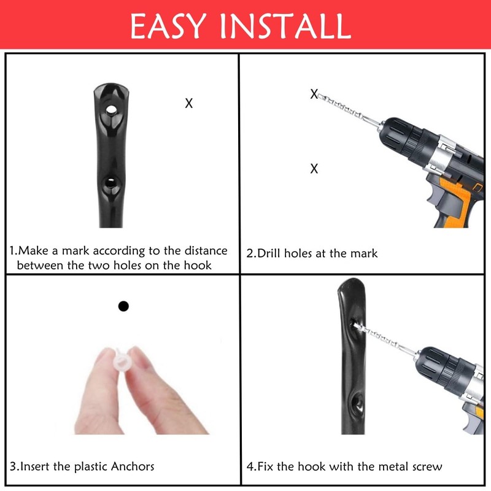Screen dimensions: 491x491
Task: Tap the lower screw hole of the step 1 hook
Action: pos(111,182)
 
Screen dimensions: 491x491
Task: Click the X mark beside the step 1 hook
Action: pos(189,104)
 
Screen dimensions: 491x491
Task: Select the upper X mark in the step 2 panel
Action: pos(314,95)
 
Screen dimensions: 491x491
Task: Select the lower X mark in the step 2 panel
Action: pos(314,169)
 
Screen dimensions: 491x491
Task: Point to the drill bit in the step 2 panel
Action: pos(347,109)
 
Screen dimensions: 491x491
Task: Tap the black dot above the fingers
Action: pos(123,306)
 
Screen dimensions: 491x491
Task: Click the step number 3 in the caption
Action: pos(13,466)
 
